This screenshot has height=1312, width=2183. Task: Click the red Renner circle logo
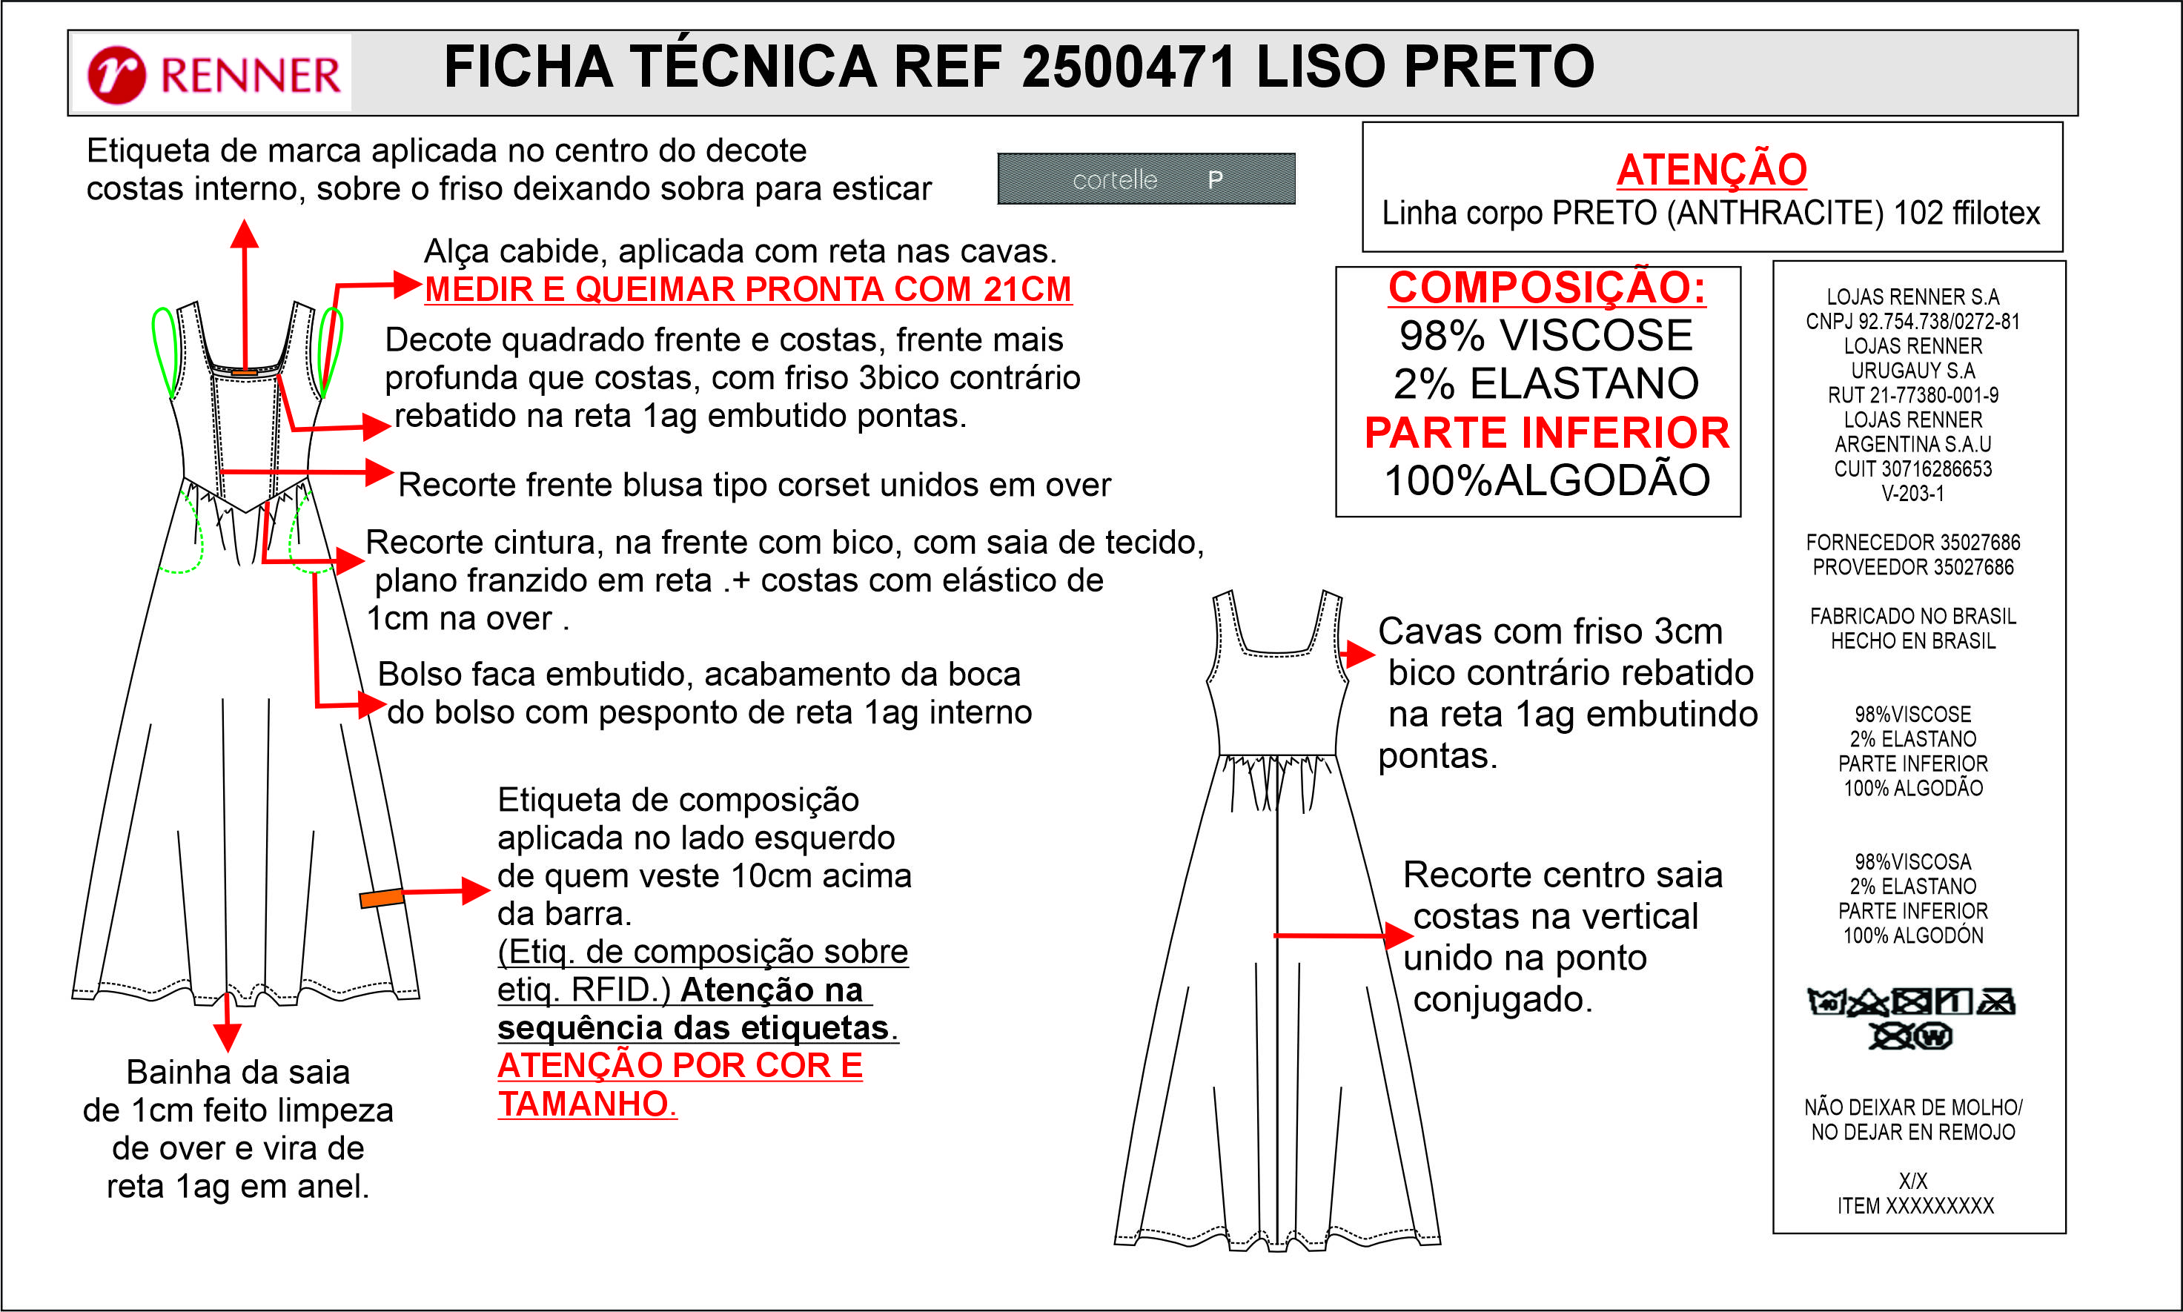(116, 74)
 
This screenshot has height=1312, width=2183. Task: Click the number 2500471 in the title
(1128, 67)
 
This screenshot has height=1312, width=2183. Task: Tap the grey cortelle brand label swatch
(1146, 179)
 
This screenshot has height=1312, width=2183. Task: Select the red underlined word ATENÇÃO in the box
(1711, 170)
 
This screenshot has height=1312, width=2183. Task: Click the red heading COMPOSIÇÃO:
(1546, 288)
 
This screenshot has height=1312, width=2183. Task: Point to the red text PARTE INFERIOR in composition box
(1546, 433)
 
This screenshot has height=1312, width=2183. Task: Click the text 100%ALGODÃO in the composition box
(1546, 481)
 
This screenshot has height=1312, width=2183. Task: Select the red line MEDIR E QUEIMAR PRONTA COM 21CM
(747, 289)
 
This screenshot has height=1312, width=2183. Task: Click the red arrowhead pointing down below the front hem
(228, 1038)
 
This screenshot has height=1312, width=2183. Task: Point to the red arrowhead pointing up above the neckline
(244, 233)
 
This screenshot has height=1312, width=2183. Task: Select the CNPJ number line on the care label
(1912, 322)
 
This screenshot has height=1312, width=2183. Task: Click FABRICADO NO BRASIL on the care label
(1912, 616)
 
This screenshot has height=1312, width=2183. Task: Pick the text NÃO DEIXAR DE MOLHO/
(1912, 1107)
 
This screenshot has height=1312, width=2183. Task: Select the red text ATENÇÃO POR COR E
(679, 1066)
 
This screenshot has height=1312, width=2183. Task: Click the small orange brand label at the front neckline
(244, 372)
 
